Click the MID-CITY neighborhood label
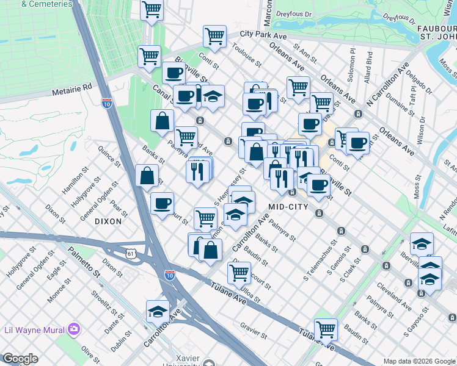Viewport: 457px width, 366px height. click(x=288, y=207)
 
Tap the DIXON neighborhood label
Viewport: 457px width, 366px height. click(x=108, y=221)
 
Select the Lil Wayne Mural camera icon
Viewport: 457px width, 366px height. click(x=74, y=329)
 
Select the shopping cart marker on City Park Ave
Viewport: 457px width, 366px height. click(x=214, y=37)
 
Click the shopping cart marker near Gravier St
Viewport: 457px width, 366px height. click(x=326, y=329)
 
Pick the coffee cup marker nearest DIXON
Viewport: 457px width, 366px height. click(x=162, y=203)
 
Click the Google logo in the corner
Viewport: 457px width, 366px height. click(x=20, y=359)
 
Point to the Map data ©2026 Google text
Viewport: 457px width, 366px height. click(x=419, y=361)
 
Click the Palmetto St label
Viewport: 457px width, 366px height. click(x=84, y=260)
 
